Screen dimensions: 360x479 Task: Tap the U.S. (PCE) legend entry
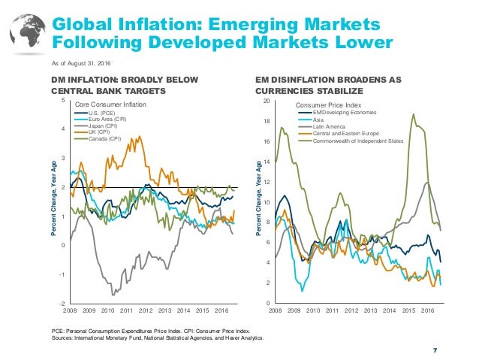click(104, 112)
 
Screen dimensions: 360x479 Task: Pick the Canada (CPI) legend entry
click(106, 139)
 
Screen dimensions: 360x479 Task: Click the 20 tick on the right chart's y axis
click(264, 100)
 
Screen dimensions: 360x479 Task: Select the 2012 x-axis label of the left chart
click(146, 310)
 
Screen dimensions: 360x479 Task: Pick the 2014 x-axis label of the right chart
click(390, 310)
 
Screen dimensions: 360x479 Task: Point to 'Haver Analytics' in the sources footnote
click(241, 337)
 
